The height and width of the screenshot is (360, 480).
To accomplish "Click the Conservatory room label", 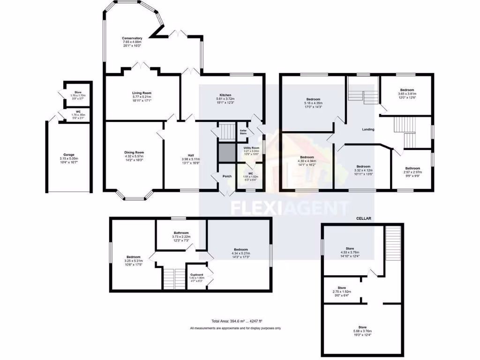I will click(x=132, y=38).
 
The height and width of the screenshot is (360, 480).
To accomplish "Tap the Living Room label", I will click(x=142, y=93).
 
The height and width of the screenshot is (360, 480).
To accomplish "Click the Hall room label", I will click(x=191, y=155).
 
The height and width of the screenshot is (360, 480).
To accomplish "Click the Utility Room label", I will click(x=251, y=148).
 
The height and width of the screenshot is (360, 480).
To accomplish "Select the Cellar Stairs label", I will click(x=243, y=132).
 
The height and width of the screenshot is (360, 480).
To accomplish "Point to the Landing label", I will click(x=368, y=129).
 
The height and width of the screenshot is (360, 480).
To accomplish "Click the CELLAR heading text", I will click(x=363, y=218).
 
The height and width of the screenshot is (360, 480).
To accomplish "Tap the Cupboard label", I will click(x=196, y=275).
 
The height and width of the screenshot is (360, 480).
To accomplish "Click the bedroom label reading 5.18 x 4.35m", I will click(x=314, y=99).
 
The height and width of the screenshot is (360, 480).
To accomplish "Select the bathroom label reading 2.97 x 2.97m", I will click(x=413, y=168).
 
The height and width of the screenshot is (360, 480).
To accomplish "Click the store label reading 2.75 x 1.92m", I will click(x=342, y=288).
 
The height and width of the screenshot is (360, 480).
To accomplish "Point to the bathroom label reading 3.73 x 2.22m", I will click(x=181, y=233).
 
